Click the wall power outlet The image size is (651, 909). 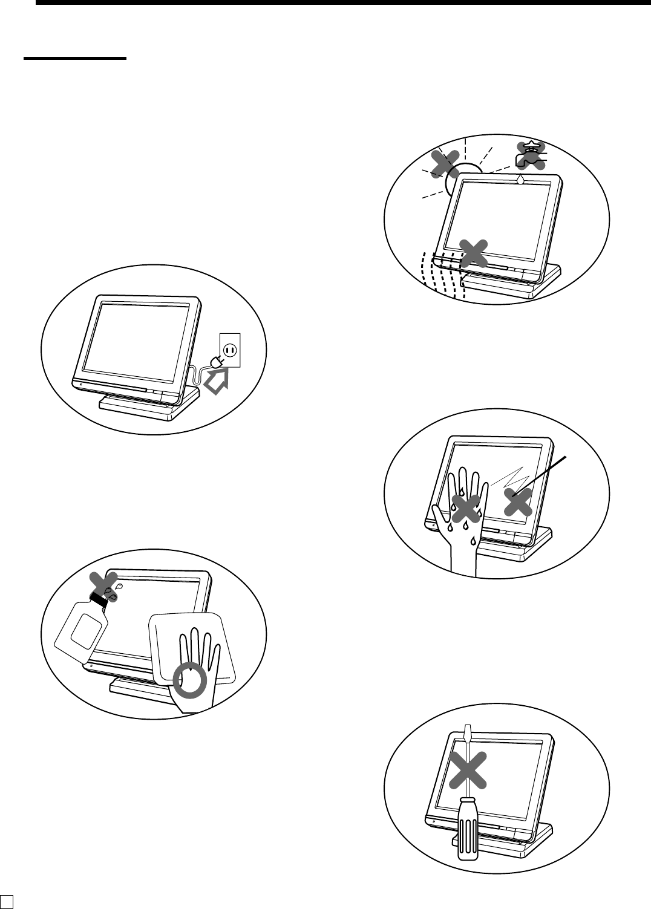[x=230, y=350]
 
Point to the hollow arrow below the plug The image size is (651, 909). [x=218, y=383]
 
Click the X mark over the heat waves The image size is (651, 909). [x=474, y=252]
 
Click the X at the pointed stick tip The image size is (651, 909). [x=517, y=501]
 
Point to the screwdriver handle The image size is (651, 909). [x=468, y=828]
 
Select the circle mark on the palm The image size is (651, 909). [x=190, y=682]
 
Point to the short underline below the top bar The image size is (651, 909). [x=75, y=59]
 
